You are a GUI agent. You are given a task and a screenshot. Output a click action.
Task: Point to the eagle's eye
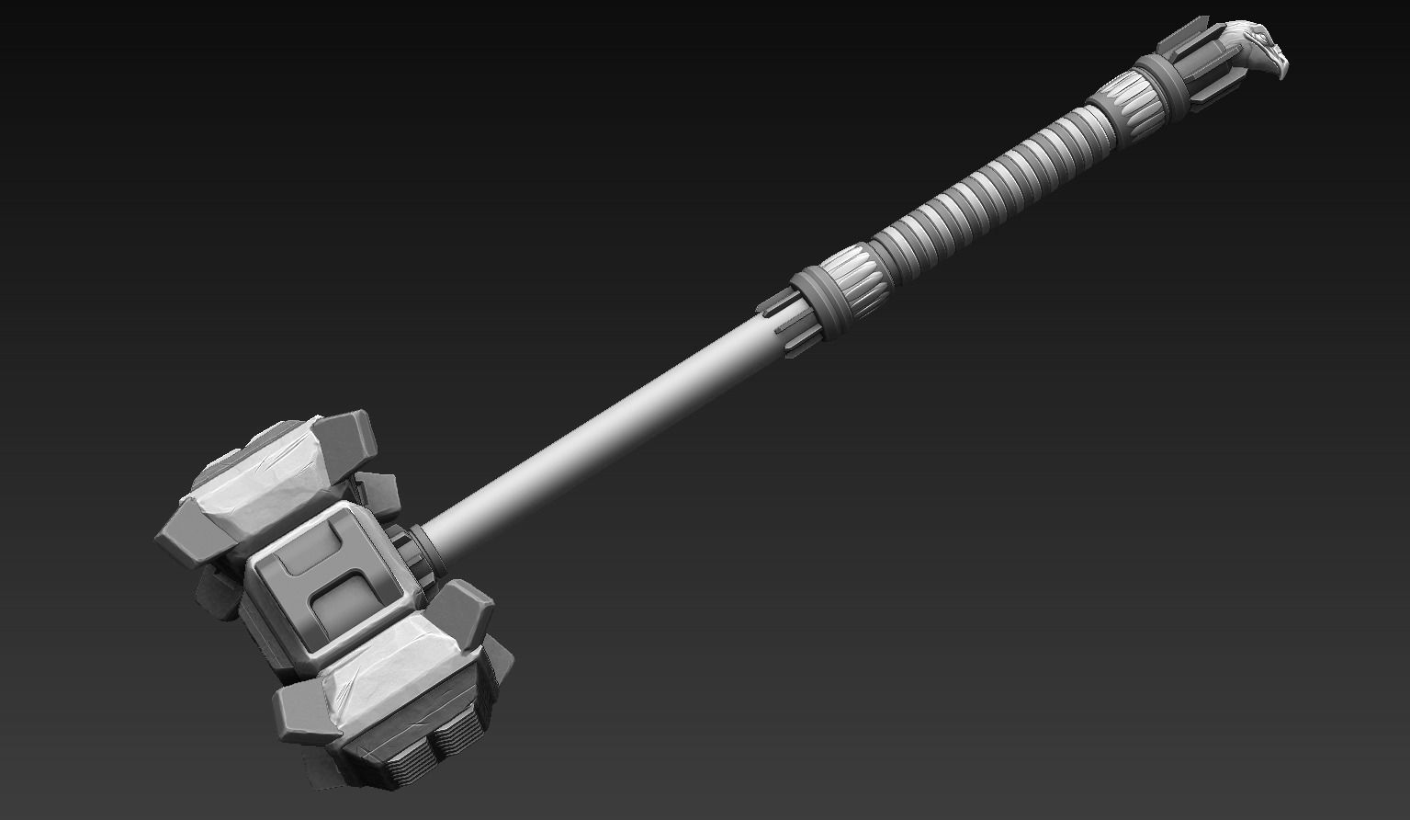1269,42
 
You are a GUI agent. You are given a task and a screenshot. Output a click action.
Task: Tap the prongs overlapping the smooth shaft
781,317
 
